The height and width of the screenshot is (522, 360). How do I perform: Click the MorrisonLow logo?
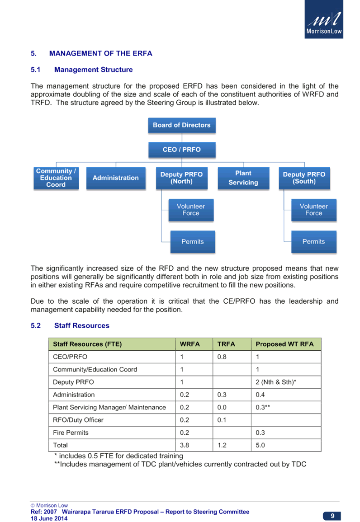(324, 19)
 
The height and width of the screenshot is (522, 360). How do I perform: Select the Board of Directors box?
(182, 126)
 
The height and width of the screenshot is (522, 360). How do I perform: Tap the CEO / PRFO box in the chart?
(182, 150)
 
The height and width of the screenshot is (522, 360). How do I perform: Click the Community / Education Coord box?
(56, 178)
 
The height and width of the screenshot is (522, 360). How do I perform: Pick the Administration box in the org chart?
(116, 178)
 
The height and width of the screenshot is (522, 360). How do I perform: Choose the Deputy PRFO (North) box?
(182, 178)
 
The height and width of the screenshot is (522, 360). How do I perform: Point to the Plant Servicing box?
(243, 178)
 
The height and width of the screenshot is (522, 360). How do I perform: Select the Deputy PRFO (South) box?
(304, 178)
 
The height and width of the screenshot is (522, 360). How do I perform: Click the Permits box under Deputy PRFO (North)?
(193, 242)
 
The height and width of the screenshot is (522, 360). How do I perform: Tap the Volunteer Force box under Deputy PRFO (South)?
(314, 210)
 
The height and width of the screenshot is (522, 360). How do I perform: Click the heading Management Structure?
(93, 70)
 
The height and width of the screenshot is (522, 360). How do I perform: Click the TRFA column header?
(226, 344)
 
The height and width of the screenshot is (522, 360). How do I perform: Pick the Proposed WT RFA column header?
(285, 344)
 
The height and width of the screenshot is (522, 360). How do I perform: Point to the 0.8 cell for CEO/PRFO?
(222, 357)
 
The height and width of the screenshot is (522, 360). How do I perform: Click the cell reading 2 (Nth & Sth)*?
(276, 382)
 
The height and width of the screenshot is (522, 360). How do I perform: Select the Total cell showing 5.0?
(260, 446)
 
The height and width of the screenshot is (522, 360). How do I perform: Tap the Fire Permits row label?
(71, 433)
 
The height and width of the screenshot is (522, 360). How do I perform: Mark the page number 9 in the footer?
(332, 516)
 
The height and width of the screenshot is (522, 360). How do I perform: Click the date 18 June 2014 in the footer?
(49, 518)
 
